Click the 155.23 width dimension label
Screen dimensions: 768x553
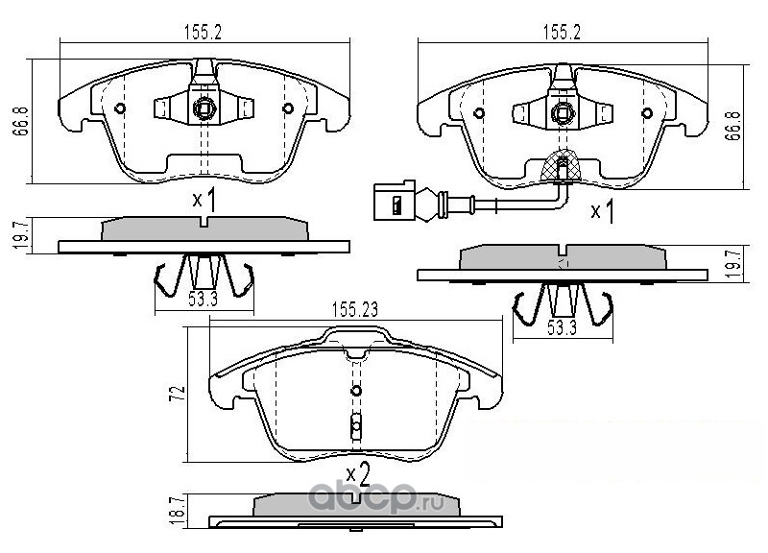(x=358, y=309)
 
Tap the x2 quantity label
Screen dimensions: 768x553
(x=358, y=472)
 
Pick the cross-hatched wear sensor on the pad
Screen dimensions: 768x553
(x=562, y=169)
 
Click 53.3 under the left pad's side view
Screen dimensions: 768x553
(x=203, y=298)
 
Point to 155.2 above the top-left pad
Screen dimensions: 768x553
(x=203, y=32)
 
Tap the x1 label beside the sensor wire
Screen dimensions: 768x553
(x=601, y=211)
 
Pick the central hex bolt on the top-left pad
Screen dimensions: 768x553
(x=204, y=109)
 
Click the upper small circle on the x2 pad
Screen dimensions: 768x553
(x=355, y=391)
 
